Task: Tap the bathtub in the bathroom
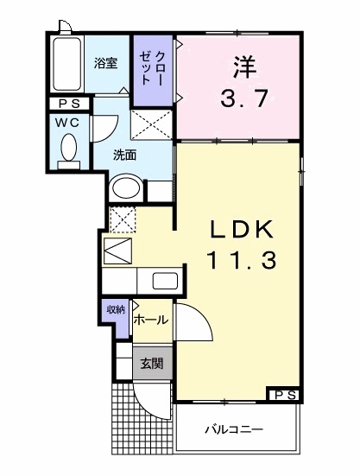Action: pyautogui.click(x=67, y=64)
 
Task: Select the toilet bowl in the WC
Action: pyautogui.click(x=69, y=148)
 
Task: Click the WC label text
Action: pyautogui.click(x=67, y=123)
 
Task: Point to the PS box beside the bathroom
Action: pyautogui.click(x=69, y=104)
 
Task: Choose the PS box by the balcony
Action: pyautogui.click(x=285, y=395)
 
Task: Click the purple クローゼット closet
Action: pyautogui.click(x=153, y=71)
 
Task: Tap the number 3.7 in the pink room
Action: pyautogui.click(x=244, y=98)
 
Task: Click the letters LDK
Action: pyautogui.click(x=242, y=230)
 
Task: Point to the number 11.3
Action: pyautogui.click(x=242, y=261)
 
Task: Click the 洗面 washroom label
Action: pyautogui.click(x=124, y=155)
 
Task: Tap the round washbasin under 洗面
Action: pyautogui.click(x=126, y=188)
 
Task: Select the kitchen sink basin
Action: pyautogui.click(x=165, y=281)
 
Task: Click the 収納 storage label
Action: pyautogui.click(x=116, y=309)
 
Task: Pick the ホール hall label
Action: pyautogui.click(x=151, y=320)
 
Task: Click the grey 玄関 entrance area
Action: pyautogui.click(x=153, y=363)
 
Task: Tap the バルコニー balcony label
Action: pyautogui.click(x=234, y=429)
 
